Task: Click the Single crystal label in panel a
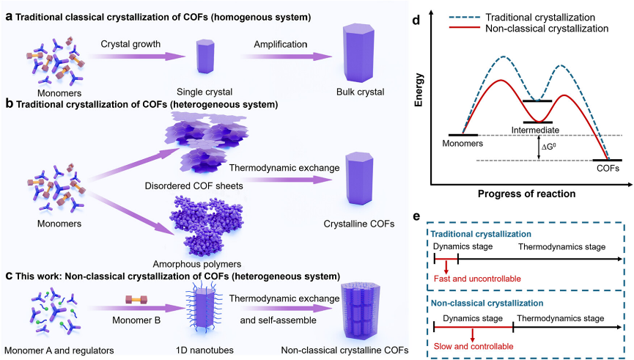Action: click(x=206, y=91)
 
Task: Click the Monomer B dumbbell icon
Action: click(x=136, y=298)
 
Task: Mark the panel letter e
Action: click(x=416, y=217)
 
